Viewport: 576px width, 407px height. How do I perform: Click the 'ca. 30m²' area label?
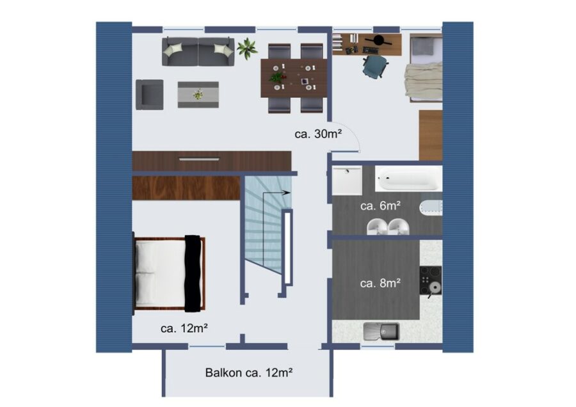(318, 134)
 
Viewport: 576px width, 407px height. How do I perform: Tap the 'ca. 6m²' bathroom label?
(380, 205)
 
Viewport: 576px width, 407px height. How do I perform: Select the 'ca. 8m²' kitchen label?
(380, 283)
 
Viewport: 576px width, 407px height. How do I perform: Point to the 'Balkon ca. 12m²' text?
(249, 372)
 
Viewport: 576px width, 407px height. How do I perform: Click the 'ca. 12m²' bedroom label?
(184, 328)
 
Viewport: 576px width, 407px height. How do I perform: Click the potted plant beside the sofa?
(247, 48)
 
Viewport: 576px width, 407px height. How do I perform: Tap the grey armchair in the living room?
(150, 95)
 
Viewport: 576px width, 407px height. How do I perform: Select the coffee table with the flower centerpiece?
(198, 95)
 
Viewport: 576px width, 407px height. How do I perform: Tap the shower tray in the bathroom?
(347, 180)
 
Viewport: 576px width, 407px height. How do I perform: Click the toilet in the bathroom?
(430, 208)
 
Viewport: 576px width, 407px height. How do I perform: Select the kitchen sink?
(381, 331)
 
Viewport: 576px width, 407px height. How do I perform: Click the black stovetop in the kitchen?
(431, 280)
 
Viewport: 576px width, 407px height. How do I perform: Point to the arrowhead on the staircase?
(287, 193)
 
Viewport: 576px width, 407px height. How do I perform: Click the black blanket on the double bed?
(194, 273)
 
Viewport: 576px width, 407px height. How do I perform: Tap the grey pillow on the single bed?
(426, 47)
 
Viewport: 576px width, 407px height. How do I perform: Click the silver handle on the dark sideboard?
(199, 159)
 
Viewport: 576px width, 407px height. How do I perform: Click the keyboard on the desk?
(371, 49)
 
